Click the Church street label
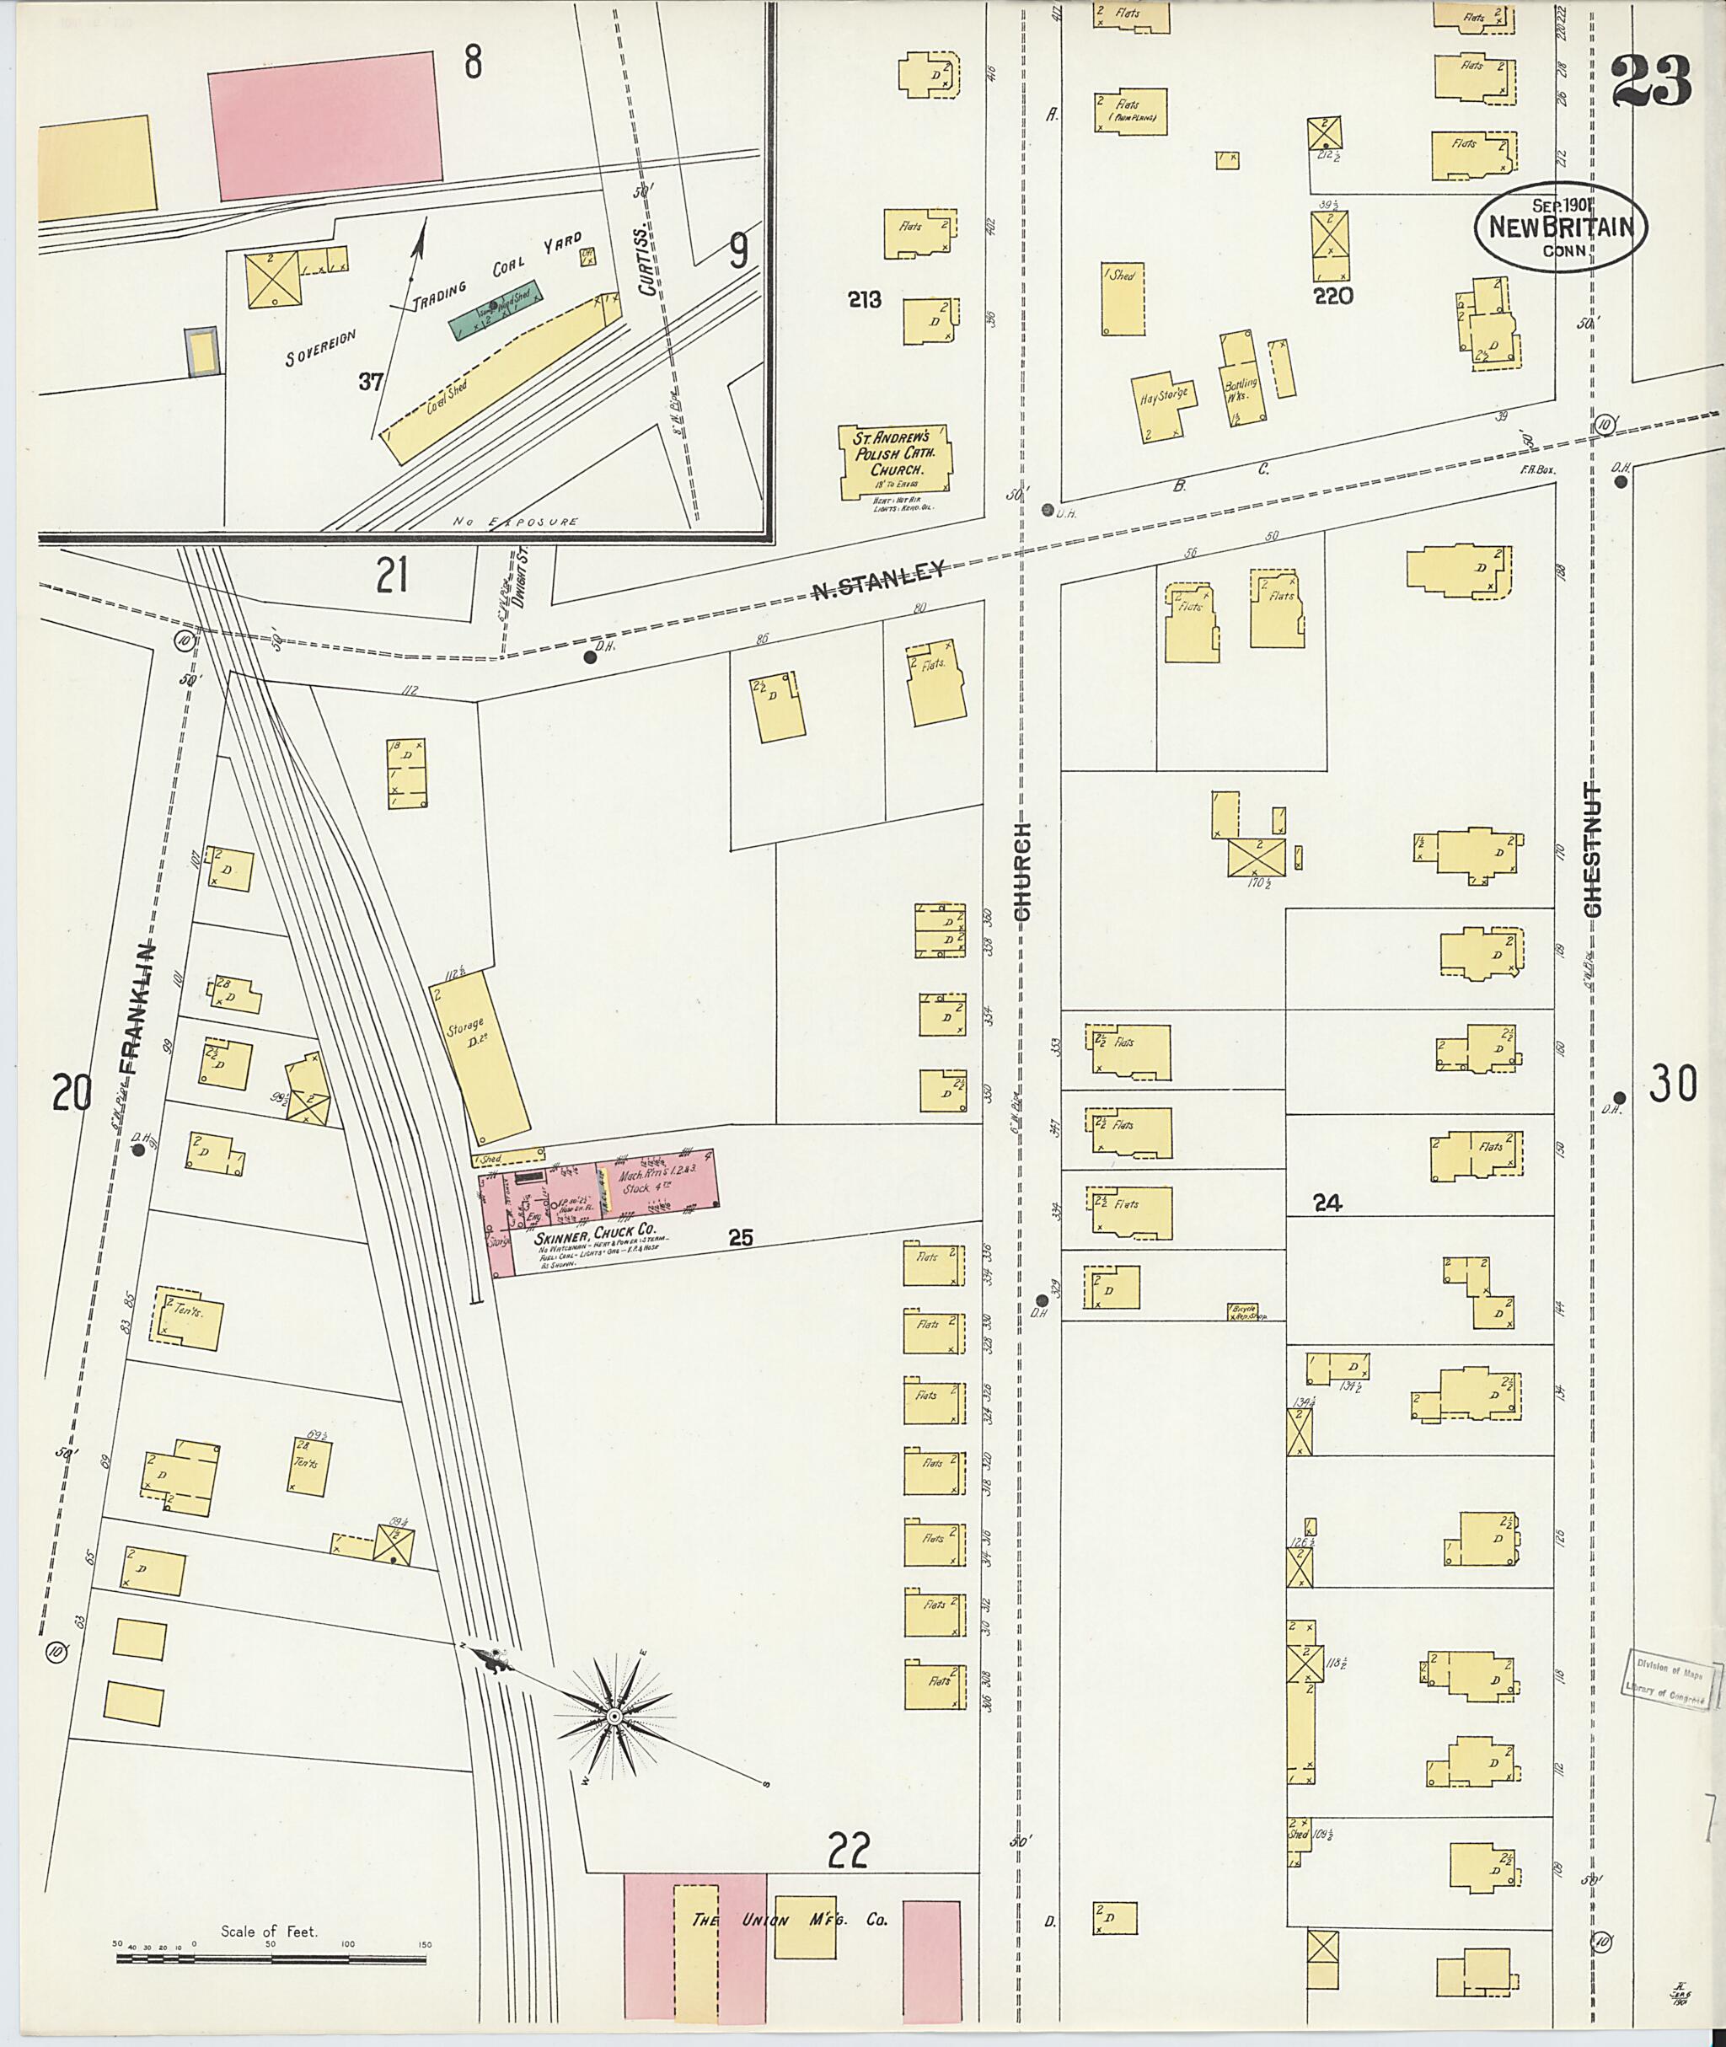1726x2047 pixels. (x=1022, y=870)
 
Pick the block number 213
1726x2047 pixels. (x=865, y=299)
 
